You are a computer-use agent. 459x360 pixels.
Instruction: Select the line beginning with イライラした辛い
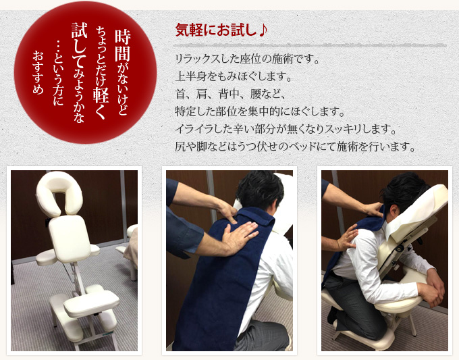pyautogui.click(x=284, y=128)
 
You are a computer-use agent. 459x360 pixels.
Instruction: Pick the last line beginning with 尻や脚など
pyautogui.click(x=294, y=146)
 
